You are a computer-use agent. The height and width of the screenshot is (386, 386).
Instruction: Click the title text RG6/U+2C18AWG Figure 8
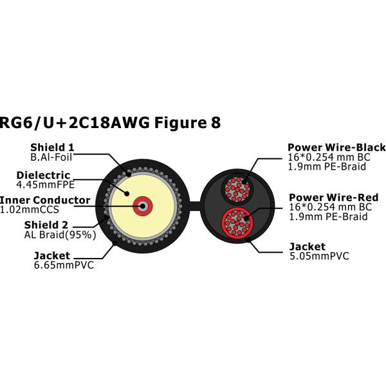[x=110, y=123]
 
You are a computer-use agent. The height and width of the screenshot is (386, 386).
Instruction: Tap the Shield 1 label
[x=52, y=147]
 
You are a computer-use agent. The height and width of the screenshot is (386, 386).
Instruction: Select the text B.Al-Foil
[x=51, y=158]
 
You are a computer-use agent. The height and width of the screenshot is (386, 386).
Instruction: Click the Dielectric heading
[x=43, y=175]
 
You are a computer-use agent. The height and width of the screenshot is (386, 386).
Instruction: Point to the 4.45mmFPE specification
[x=45, y=185]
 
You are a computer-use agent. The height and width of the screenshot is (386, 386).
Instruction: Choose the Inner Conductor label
[x=45, y=200]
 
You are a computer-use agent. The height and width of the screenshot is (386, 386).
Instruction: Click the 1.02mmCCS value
[x=30, y=210]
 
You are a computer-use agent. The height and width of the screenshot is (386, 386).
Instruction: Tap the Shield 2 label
[x=46, y=225]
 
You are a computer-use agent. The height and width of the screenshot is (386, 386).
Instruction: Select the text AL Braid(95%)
[x=60, y=235]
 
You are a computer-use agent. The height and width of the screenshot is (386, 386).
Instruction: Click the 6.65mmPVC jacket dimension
[x=64, y=265]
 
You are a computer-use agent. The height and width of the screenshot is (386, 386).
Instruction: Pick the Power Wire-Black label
[x=336, y=147]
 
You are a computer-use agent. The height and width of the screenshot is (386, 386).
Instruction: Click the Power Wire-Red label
[x=333, y=198]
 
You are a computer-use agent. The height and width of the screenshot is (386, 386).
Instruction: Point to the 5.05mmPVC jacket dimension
[x=319, y=256]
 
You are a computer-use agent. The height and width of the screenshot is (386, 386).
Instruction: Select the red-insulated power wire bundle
[x=237, y=222]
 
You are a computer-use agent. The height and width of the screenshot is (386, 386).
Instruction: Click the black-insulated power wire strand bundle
[x=237, y=189]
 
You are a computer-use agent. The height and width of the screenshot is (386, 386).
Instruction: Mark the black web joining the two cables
[x=195, y=206]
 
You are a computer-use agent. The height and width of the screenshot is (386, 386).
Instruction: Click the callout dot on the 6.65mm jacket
[x=115, y=243]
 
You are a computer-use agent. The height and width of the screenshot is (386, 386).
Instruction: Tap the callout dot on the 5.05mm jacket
[x=248, y=239]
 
